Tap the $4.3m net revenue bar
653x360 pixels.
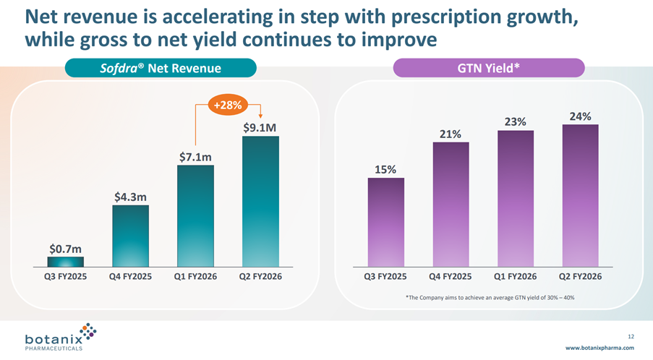pyautogui.click(x=131, y=236)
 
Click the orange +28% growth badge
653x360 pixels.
pyautogui.click(x=229, y=105)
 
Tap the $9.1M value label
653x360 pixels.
pyautogui.click(x=260, y=128)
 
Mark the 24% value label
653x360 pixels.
pyautogui.click(x=580, y=116)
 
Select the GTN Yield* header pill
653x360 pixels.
pyautogui.click(x=488, y=68)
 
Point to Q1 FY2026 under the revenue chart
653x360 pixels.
pyautogui.click(x=195, y=277)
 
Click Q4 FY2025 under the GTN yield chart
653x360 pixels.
pyautogui.click(x=451, y=277)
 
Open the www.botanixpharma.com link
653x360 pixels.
pyautogui.click(x=599, y=348)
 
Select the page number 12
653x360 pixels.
pyautogui.click(x=631, y=336)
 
